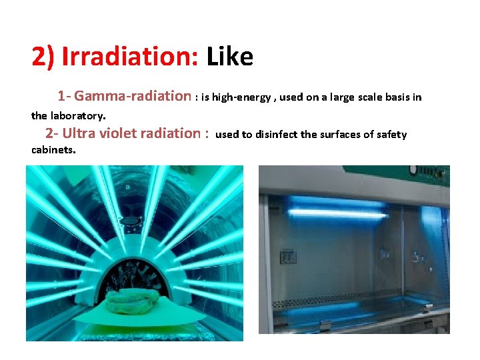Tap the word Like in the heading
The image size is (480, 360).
[x=230, y=57]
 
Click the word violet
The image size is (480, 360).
[x=120, y=133]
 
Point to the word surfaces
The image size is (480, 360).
[x=337, y=135]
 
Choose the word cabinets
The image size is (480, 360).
[x=53, y=150]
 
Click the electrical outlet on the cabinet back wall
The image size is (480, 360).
[x=289, y=257]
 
